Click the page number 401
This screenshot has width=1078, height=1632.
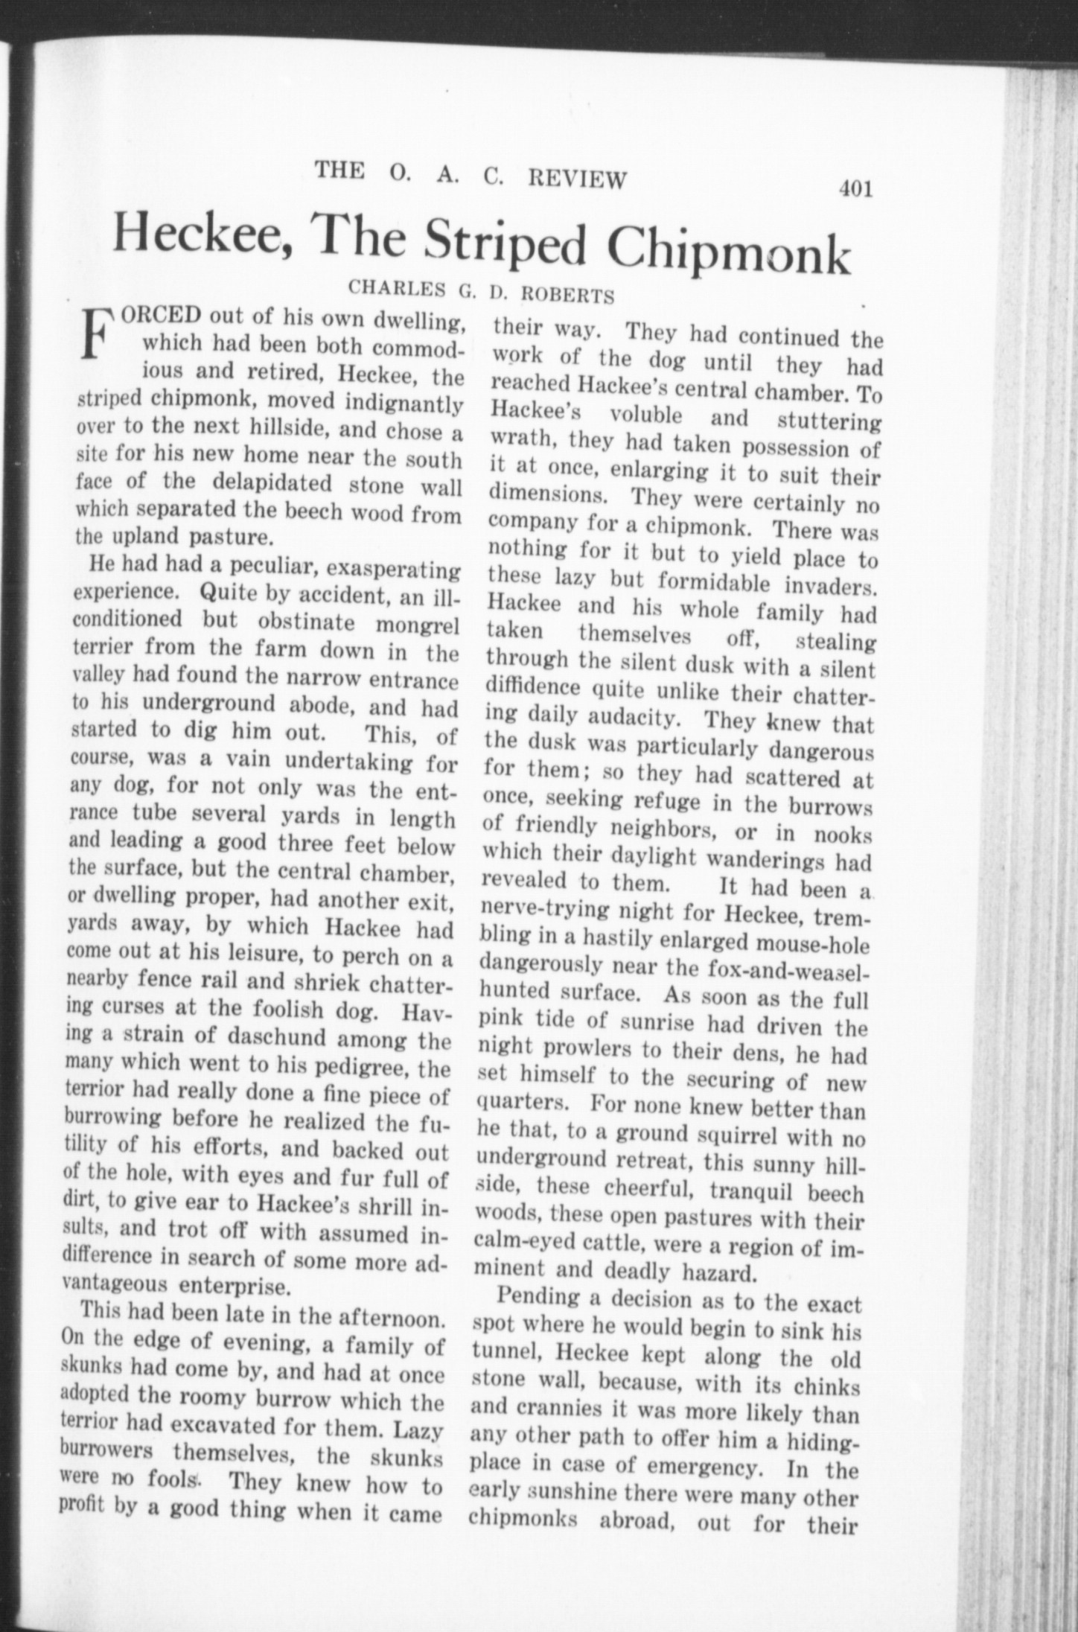click(855, 189)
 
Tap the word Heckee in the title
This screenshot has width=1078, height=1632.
click(200, 238)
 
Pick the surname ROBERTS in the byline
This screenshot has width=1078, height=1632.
click(567, 296)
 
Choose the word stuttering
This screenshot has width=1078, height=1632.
click(828, 421)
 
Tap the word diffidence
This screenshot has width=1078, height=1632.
click(533, 686)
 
